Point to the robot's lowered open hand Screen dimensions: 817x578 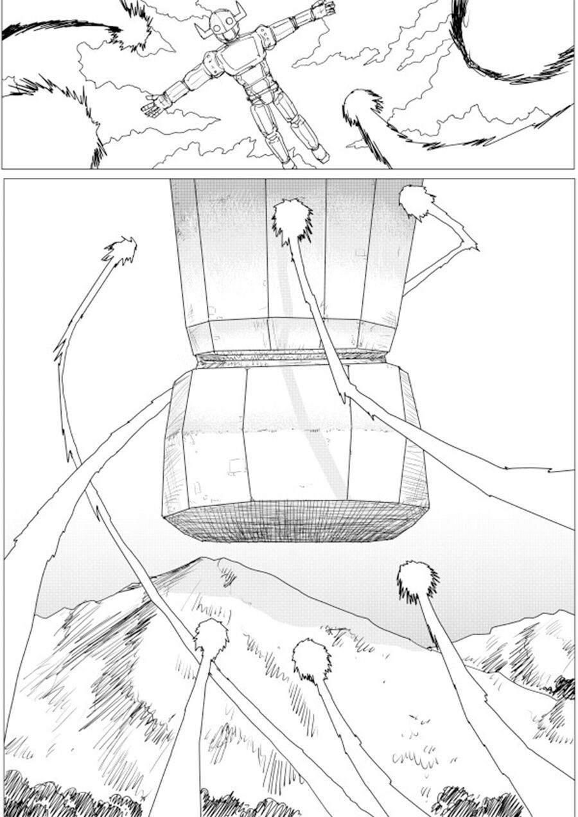[153, 107]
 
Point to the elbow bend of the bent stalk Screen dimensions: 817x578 [473, 246]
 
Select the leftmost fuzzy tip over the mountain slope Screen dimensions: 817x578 [211, 637]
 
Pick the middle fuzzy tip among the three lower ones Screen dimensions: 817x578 [312, 660]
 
